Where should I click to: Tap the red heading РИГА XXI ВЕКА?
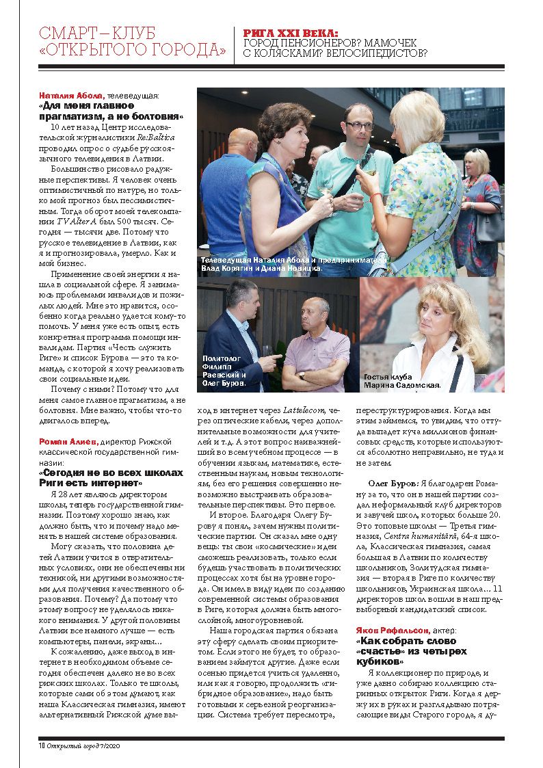pos(291,32)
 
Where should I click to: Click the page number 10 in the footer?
pos(42,745)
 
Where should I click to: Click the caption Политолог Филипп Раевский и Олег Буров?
pos(224,371)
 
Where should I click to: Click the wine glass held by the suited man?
pos(267,352)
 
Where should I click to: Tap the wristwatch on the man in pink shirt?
pos(301,375)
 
